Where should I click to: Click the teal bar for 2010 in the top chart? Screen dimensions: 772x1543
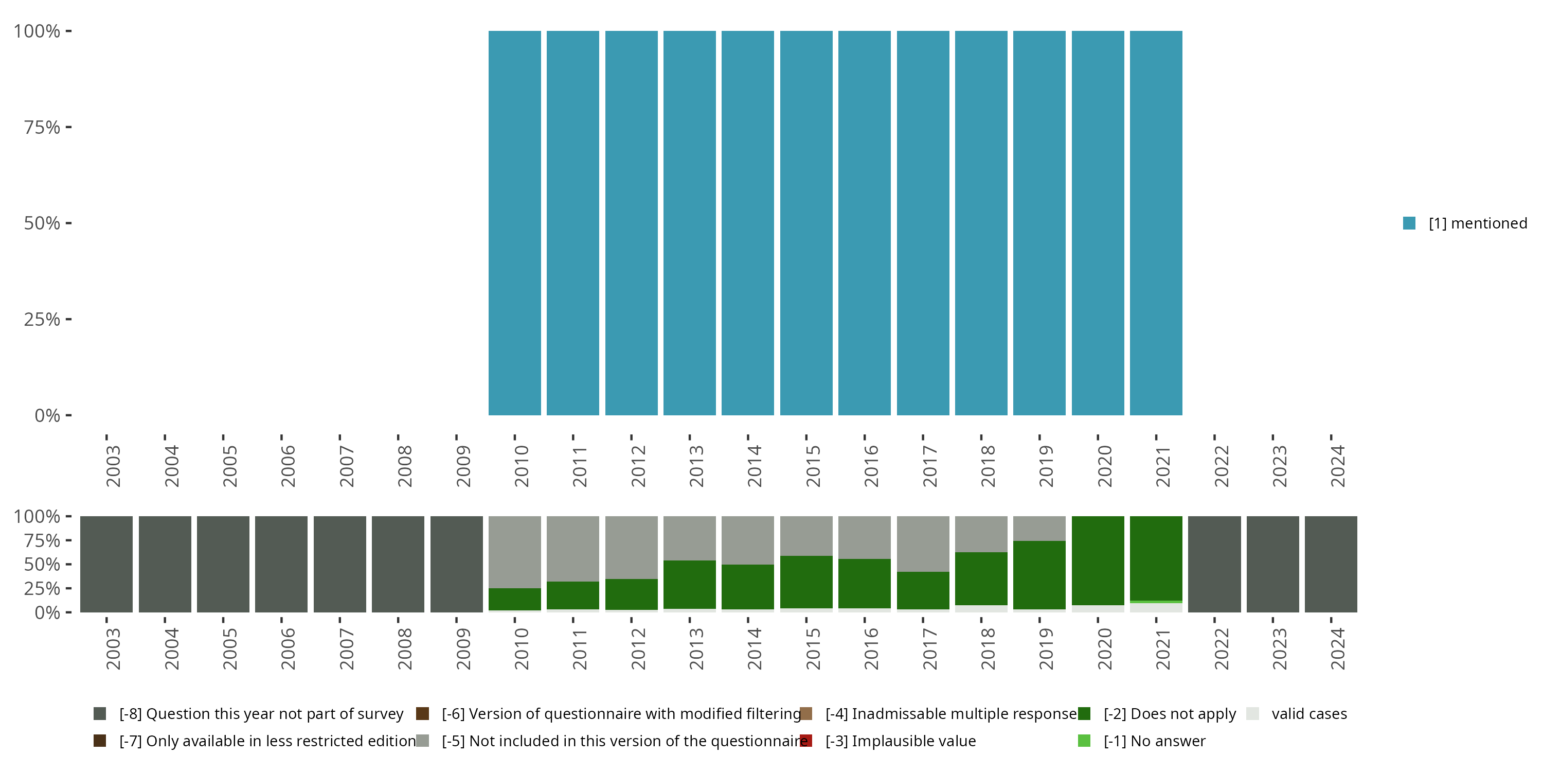(x=514, y=223)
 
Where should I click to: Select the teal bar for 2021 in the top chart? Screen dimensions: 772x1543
(x=1156, y=223)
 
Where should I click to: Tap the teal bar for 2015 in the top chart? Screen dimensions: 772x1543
(x=806, y=223)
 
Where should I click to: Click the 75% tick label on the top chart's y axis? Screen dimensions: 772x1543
(x=42, y=127)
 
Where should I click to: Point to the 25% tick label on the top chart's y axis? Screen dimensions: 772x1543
(x=42, y=319)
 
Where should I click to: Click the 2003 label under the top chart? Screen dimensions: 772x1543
(x=113, y=466)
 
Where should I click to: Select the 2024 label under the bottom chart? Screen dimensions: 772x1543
(x=1338, y=648)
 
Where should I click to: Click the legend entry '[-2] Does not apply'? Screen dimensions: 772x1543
(x=1169, y=714)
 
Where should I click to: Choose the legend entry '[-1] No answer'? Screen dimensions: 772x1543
(x=1154, y=741)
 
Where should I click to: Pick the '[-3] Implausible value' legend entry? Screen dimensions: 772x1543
(x=900, y=741)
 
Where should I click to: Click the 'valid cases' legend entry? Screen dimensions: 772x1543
(x=1309, y=714)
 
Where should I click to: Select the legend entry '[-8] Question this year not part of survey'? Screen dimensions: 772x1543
(x=261, y=714)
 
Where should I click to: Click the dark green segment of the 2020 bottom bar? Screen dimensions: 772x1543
(x=1098, y=560)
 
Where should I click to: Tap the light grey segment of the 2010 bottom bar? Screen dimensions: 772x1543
(x=514, y=551)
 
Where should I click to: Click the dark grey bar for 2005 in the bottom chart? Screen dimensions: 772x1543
(x=223, y=564)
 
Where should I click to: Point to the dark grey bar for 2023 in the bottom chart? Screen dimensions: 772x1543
(x=1272, y=564)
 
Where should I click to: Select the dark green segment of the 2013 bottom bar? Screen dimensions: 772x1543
(x=689, y=584)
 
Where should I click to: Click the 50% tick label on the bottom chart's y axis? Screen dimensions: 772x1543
(x=42, y=564)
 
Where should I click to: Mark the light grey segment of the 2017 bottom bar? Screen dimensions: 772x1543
(x=922, y=543)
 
